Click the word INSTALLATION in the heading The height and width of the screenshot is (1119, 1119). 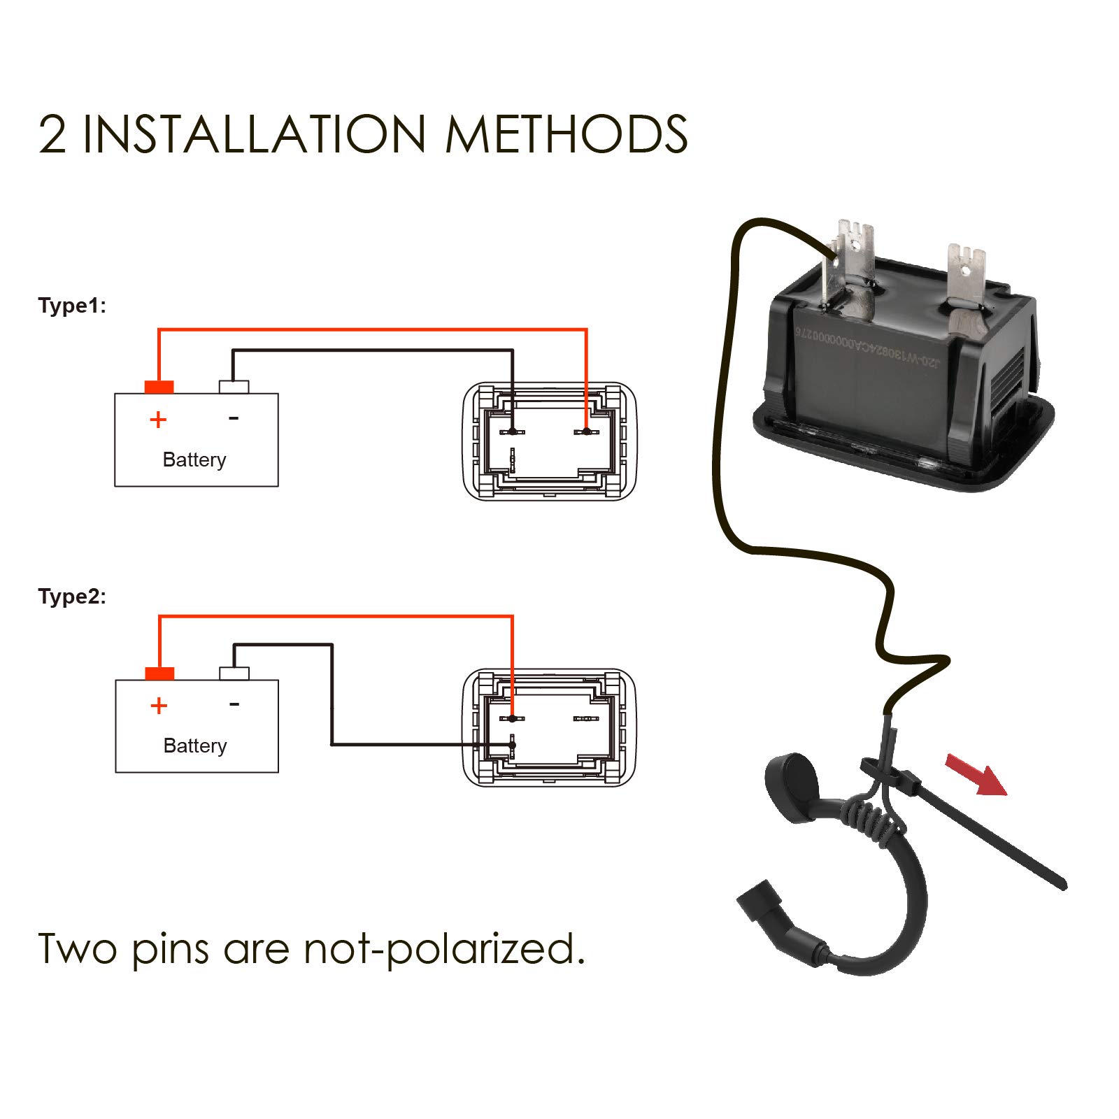pyautogui.click(x=254, y=134)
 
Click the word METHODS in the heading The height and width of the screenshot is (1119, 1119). pyautogui.click(x=566, y=134)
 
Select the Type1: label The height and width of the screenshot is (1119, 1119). pyautogui.click(x=72, y=306)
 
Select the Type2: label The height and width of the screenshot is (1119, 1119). pyautogui.click(x=72, y=597)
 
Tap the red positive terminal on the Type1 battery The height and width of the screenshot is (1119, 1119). pyautogui.click(x=159, y=387)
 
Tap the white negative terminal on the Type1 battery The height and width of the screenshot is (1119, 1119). pyautogui.click(x=234, y=387)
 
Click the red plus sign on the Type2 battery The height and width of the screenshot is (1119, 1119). pyautogui.click(x=159, y=706)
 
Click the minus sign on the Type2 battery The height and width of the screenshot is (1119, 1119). pyautogui.click(x=234, y=704)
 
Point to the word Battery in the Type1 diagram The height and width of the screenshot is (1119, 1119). pyautogui.click(x=194, y=459)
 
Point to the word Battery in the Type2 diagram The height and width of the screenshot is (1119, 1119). pyautogui.click(x=195, y=746)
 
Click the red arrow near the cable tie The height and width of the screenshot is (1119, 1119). pyautogui.click(x=976, y=774)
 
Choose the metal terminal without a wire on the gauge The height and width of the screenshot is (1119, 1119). pyautogui.click(x=967, y=276)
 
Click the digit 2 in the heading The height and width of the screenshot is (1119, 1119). pyautogui.click(x=52, y=134)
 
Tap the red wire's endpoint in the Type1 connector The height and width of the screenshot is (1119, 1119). pyautogui.click(x=586, y=432)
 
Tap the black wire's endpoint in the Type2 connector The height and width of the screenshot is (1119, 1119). pyautogui.click(x=512, y=745)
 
